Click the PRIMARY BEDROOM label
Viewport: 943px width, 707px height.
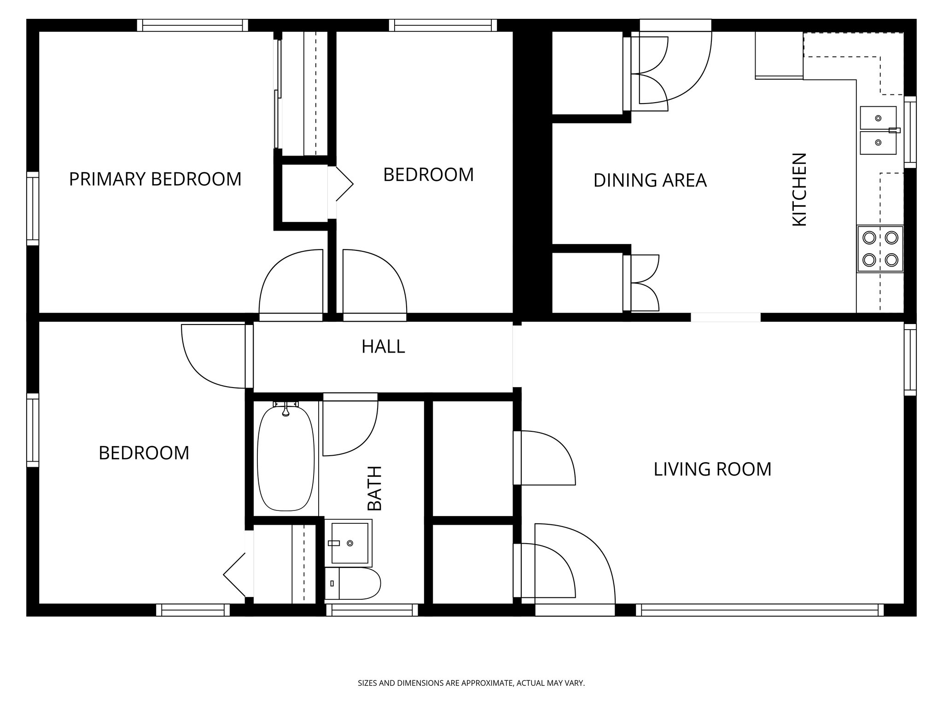tap(155, 179)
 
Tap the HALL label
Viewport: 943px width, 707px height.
tap(383, 347)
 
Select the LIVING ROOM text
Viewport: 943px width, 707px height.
tap(712, 469)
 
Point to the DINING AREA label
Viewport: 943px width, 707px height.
tap(650, 180)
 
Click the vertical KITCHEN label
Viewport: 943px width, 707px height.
tap(799, 190)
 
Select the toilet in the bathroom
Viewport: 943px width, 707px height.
tap(353, 583)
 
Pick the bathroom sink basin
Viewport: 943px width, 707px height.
tap(348, 543)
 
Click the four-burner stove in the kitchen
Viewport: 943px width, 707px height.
tap(880, 249)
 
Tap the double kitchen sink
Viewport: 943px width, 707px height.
tap(879, 131)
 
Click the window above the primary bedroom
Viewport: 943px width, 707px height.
tap(192, 25)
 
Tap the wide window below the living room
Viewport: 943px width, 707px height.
tap(760, 610)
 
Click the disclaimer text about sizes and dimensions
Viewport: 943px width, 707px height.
tap(471, 683)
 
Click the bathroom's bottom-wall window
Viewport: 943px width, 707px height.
tap(372, 610)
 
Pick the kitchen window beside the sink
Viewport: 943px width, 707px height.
tap(910, 132)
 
